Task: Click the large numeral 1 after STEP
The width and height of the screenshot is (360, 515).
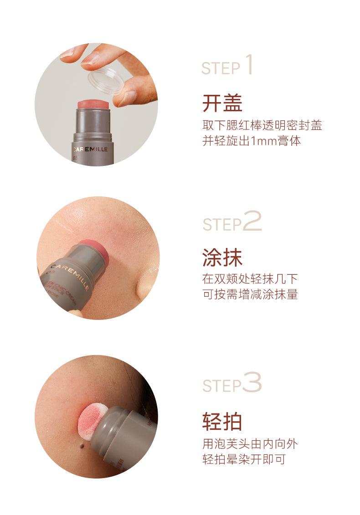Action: tap(248, 65)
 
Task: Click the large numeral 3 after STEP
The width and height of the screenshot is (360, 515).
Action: tap(252, 382)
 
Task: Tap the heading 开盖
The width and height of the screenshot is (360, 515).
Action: tap(222, 103)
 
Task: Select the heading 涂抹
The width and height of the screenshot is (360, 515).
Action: tap(222, 258)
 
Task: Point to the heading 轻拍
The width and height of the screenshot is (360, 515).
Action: tap(222, 422)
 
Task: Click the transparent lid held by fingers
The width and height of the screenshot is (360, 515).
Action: tap(106, 81)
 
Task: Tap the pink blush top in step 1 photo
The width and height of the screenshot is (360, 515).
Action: tap(93, 104)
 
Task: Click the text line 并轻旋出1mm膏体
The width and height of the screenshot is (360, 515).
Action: tap(252, 141)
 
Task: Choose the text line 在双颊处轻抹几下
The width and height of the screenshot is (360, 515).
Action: tap(250, 279)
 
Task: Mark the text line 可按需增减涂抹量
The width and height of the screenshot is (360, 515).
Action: tap(250, 294)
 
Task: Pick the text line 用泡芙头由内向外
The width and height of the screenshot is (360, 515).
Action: tap(250, 443)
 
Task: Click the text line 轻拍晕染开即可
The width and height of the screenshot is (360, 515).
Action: tap(244, 459)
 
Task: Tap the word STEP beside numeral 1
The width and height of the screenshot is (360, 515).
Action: tap(221, 68)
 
